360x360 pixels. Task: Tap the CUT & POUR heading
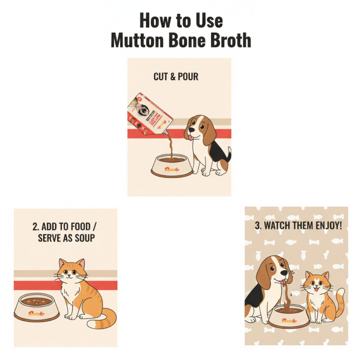point(176,77)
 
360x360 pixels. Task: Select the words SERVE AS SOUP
point(66,238)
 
